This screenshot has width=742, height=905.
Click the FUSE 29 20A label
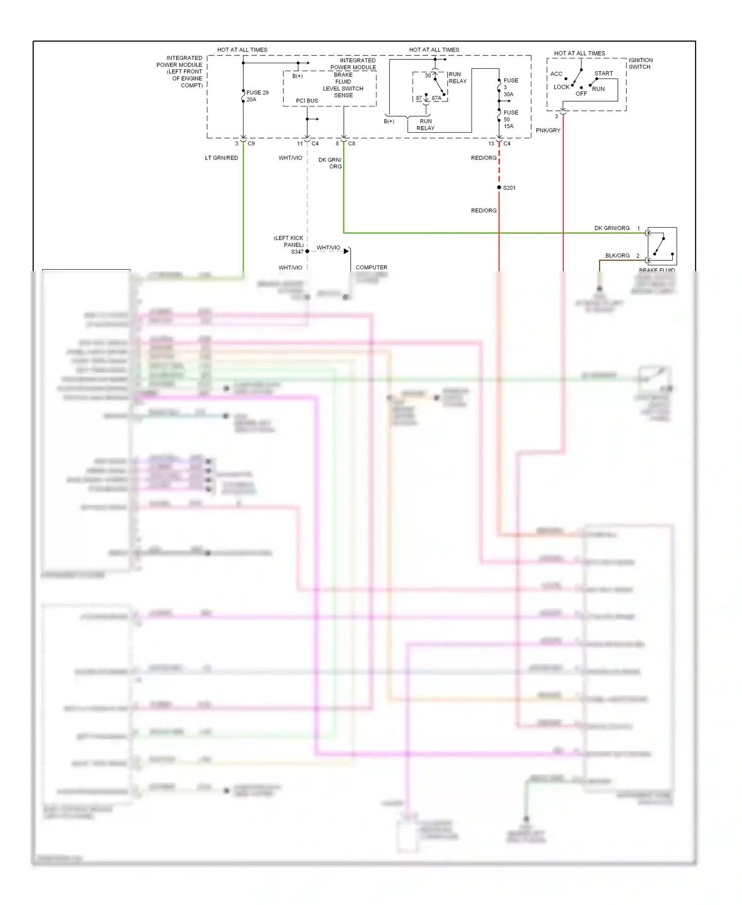tap(257, 96)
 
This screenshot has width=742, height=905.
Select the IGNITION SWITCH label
tap(640, 63)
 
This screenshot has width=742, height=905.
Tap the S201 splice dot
tap(499, 187)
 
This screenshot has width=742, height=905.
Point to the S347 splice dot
tap(307, 251)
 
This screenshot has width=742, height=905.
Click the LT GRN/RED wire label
tap(222, 158)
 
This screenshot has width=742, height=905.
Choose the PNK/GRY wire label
tap(548, 130)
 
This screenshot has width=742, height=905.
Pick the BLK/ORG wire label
tap(617, 255)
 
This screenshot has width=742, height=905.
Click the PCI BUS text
tap(307, 101)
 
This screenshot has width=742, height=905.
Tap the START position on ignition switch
tap(603, 73)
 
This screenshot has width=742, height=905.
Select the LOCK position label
tap(561, 87)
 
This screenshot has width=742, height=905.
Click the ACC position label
tap(556, 74)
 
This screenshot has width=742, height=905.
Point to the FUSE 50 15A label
tap(510, 119)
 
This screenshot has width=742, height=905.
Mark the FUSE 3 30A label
tap(510, 87)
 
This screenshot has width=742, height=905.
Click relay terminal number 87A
tap(436, 98)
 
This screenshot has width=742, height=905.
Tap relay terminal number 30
tap(428, 76)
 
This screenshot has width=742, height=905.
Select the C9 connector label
tap(251, 144)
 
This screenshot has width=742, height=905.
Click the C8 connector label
tap(352, 144)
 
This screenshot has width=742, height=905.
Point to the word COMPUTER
tap(371, 267)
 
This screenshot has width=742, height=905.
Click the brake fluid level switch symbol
tap(662, 246)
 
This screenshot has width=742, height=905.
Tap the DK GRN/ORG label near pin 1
tap(612, 228)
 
